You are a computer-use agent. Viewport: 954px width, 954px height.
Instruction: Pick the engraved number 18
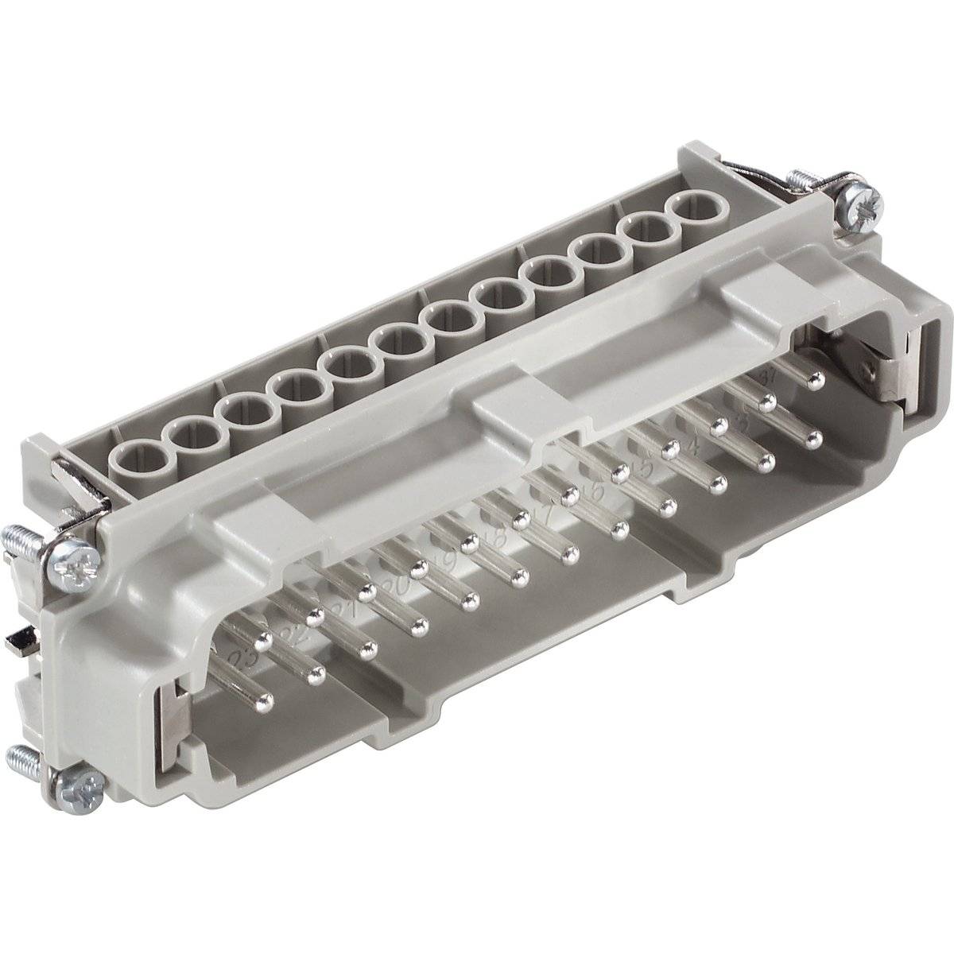point(497,538)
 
